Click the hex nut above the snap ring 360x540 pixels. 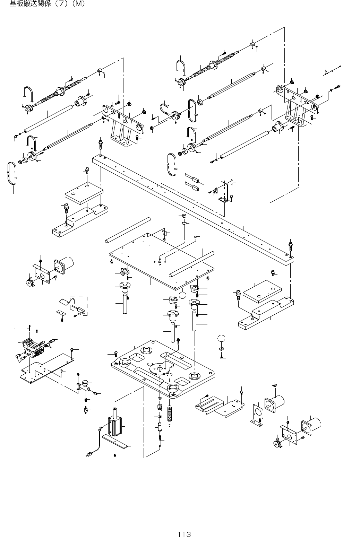[x=184, y=216]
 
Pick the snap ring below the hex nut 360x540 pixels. [x=184, y=223]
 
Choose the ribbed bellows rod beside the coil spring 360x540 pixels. [x=170, y=412]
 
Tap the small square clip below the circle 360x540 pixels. [x=221, y=349]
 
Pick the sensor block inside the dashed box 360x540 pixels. [x=78, y=308]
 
